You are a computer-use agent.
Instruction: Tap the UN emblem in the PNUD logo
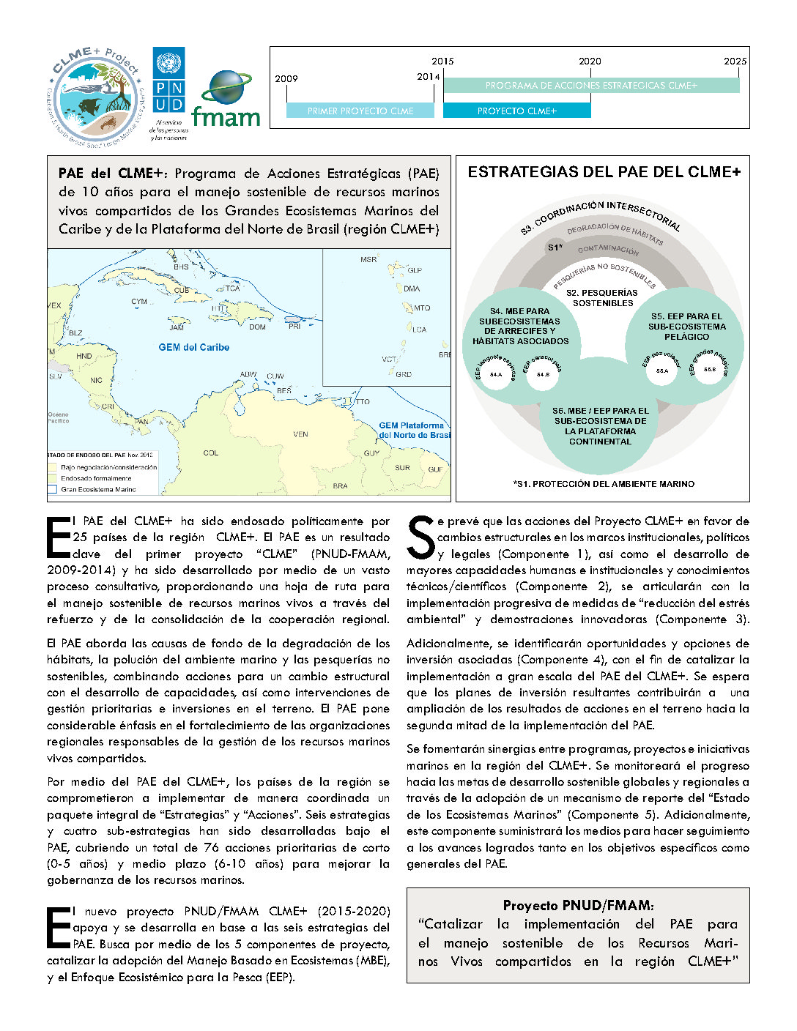(168, 62)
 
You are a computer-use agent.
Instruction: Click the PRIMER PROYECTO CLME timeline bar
(360, 111)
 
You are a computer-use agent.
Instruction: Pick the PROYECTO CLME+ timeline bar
(516, 111)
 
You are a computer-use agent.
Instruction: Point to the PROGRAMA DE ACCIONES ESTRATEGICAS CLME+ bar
(591, 86)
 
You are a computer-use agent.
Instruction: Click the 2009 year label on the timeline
(286, 79)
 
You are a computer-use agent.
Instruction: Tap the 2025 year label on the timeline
(735, 62)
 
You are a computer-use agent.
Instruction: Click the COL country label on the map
(211, 453)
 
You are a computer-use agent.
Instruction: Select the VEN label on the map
(300, 434)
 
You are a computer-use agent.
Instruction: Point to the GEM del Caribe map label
(194, 348)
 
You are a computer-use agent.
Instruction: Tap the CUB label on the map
(182, 290)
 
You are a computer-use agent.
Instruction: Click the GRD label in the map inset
(404, 374)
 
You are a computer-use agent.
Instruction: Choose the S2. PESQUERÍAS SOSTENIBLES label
(603, 298)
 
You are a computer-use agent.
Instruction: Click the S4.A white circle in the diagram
(496, 375)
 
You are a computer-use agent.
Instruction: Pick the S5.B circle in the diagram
(710, 370)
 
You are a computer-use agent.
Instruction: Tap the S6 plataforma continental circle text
(600, 426)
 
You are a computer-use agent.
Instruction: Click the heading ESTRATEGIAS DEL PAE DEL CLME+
(604, 172)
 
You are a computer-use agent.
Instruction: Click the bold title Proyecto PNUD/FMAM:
(578, 906)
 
